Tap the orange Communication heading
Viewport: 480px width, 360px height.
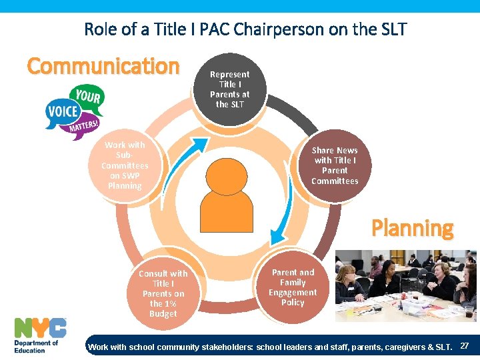coord(103,66)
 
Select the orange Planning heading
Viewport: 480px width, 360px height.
coord(412,228)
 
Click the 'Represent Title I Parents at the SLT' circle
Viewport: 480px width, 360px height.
coord(229,89)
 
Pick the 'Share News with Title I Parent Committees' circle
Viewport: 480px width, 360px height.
coord(335,166)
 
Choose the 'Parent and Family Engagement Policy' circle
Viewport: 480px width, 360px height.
coord(293,287)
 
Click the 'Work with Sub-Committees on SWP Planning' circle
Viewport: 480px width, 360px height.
coord(125,165)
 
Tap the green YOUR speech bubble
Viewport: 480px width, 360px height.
coord(87,97)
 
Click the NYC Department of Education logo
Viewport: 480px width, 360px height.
coord(40,335)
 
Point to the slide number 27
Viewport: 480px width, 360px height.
coord(465,346)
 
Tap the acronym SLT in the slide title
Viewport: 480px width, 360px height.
coord(392,29)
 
